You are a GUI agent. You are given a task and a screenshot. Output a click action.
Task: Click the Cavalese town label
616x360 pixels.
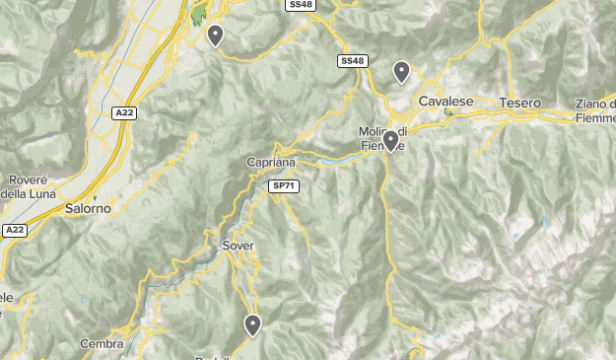(x=446, y=102)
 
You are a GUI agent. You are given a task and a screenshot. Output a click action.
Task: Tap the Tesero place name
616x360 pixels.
(x=520, y=103)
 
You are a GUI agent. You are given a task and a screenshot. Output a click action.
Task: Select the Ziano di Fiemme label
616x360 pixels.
(x=593, y=111)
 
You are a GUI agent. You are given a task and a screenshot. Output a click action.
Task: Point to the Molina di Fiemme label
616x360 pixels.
(x=382, y=139)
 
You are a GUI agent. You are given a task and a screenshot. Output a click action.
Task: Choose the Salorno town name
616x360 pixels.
(x=88, y=209)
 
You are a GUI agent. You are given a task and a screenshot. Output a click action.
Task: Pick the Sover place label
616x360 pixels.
(x=239, y=243)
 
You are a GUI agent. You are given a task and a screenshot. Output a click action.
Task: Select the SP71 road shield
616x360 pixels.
(x=284, y=185)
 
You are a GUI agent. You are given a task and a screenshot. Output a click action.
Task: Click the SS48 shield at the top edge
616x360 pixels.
(x=301, y=5)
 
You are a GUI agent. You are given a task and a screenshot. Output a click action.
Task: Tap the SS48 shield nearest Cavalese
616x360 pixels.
(x=352, y=61)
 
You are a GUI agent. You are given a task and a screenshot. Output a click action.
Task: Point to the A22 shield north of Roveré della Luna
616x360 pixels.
(x=123, y=113)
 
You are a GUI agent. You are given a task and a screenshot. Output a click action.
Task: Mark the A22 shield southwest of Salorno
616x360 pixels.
(x=14, y=230)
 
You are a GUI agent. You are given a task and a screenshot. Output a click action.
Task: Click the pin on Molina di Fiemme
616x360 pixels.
(x=391, y=141)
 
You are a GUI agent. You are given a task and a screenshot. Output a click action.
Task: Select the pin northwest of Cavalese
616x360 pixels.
(x=401, y=71)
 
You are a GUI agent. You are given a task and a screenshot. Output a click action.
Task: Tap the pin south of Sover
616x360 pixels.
(x=253, y=324)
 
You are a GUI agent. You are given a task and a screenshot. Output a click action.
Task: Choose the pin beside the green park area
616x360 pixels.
(x=215, y=36)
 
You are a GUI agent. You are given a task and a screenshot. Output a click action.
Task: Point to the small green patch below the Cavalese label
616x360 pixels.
(x=448, y=112)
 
